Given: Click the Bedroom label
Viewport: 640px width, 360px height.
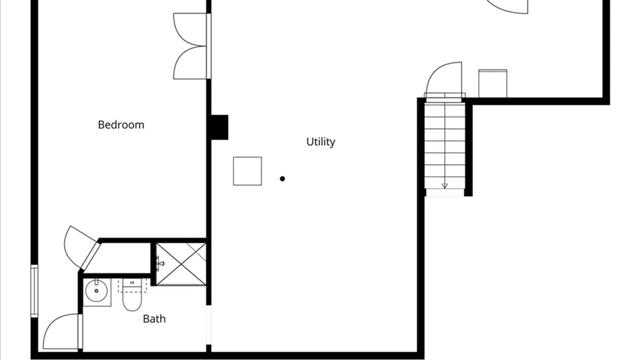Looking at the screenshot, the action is click(x=121, y=125).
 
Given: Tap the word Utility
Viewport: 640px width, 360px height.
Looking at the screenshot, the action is click(x=321, y=142).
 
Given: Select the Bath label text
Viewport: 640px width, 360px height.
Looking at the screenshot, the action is click(x=154, y=319).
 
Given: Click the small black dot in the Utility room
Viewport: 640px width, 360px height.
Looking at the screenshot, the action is click(x=282, y=179).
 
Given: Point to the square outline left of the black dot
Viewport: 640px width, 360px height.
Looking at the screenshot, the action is click(x=247, y=171).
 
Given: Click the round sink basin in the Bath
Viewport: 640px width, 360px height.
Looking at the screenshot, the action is click(x=96, y=291).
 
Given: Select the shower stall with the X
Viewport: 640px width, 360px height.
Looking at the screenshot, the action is click(x=181, y=264).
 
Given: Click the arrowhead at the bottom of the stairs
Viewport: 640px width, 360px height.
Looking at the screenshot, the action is click(x=445, y=186).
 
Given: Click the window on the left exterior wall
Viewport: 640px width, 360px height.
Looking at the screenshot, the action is click(x=34, y=291).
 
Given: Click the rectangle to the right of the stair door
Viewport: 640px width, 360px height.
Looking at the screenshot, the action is click(x=493, y=83).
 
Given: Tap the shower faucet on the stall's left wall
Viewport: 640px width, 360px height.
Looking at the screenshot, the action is click(x=160, y=263).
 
